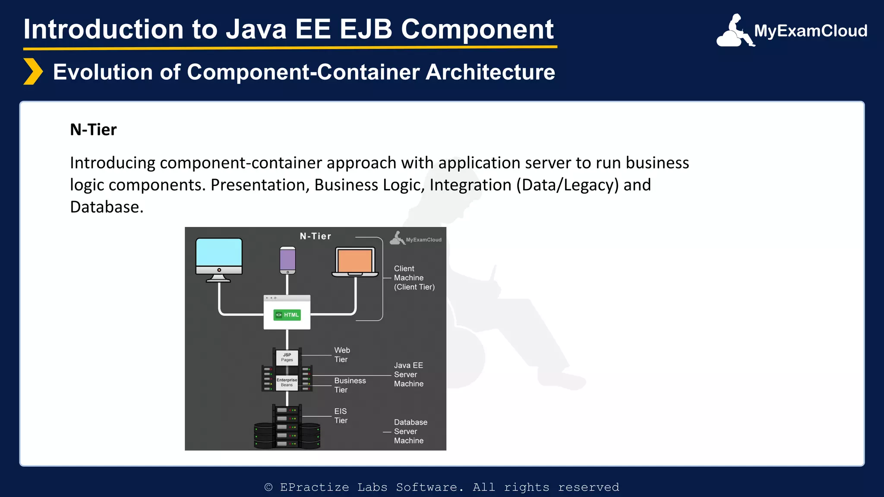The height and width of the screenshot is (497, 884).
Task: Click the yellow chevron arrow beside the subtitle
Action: [x=33, y=72]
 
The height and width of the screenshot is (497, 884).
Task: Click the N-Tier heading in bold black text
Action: [x=93, y=129]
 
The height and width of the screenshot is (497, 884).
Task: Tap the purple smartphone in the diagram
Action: [x=287, y=260]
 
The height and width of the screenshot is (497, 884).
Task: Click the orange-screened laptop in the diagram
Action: [x=355, y=261]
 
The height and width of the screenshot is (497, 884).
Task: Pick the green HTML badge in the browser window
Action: [x=287, y=315]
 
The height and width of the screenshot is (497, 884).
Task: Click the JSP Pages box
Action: [x=287, y=357]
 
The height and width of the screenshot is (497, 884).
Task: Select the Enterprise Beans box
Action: [x=287, y=382]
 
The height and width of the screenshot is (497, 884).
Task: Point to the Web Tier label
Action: [x=342, y=355]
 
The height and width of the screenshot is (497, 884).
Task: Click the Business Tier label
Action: [x=350, y=385]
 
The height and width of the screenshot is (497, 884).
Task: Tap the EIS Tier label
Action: [x=341, y=416]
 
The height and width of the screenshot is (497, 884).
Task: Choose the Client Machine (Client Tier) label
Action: [x=414, y=278]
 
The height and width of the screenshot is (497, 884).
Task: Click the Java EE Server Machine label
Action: [x=408, y=374]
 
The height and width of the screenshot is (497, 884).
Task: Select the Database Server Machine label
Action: [x=410, y=431]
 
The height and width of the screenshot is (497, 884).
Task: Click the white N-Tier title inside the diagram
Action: [x=316, y=236]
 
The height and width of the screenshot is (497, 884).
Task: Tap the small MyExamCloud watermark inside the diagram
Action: [x=416, y=239]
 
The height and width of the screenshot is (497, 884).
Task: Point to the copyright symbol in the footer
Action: [x=268, y=488]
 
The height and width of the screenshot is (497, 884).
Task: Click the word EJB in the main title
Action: [x=366, y=29]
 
